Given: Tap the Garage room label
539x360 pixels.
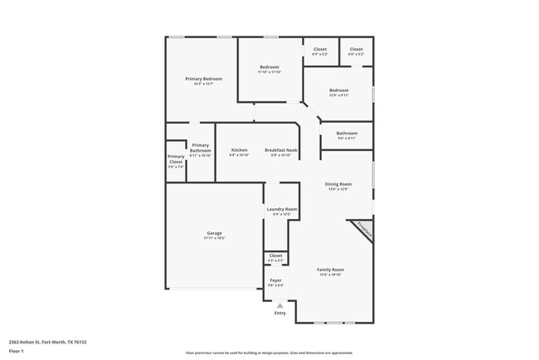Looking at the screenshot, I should [x=214, y=233].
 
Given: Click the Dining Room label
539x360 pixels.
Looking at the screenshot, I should [x=337, y=184].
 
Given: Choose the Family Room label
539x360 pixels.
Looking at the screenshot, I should [x=330, y=270].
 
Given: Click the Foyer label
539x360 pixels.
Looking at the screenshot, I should [x=275, y=281].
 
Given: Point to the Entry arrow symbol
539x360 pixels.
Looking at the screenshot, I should [x=279, y=305].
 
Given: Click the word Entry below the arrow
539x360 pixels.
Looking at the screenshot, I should [x=279, y=313].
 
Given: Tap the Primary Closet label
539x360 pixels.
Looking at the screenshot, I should [x=176, y=158].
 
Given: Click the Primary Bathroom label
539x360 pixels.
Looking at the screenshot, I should [x=200, y=148].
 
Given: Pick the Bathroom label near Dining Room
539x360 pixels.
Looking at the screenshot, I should [x=347, y=134].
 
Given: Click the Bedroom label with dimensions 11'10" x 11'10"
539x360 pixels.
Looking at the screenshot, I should [x=269, y=67].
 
